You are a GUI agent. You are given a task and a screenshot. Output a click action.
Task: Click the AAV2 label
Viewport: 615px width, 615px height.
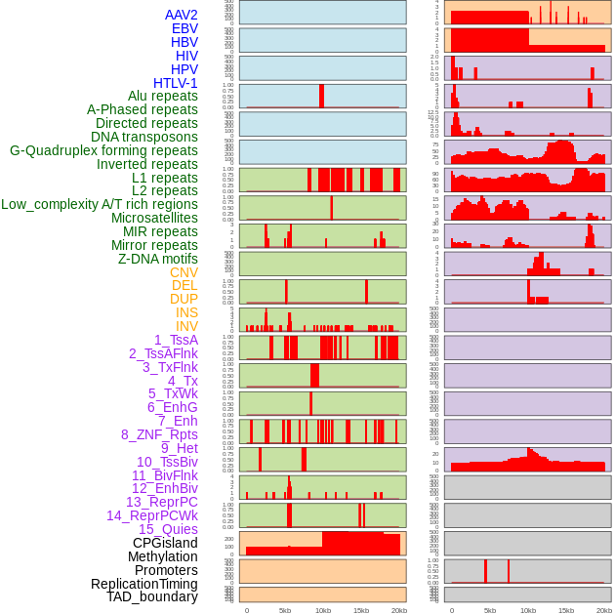182,15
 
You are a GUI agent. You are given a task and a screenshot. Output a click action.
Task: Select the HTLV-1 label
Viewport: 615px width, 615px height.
176,83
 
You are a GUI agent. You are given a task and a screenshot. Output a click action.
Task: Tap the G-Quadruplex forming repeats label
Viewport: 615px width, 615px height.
103,150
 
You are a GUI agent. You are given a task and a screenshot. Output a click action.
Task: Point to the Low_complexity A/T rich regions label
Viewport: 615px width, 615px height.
100,204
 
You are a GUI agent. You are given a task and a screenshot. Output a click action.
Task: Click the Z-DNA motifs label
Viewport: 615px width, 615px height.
158,259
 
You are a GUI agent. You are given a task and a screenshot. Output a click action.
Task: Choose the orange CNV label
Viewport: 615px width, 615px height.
184,272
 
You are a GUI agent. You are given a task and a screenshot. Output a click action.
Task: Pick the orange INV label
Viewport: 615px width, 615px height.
186,326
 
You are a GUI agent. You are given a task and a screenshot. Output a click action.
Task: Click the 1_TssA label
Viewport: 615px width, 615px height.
176,340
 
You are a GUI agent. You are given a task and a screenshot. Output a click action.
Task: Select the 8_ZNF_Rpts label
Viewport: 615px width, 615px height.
159,434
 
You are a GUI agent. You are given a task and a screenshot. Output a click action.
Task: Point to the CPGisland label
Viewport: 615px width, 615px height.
165,543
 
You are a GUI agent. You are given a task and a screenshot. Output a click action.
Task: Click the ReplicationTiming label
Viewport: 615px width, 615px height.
144,584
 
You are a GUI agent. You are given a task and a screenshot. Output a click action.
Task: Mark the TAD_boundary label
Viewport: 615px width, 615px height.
152,596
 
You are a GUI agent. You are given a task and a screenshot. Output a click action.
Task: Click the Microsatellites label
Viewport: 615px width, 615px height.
154,218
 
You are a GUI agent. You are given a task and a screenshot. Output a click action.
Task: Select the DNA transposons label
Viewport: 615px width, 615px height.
144,137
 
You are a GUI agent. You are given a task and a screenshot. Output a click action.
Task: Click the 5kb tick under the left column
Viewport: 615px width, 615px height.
285,610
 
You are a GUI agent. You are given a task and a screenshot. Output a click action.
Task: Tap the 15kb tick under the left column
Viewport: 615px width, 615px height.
361,610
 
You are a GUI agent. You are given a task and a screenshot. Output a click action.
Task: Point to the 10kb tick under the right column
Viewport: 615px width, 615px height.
528,610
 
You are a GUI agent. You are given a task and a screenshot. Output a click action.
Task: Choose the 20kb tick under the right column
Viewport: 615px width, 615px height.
604,610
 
